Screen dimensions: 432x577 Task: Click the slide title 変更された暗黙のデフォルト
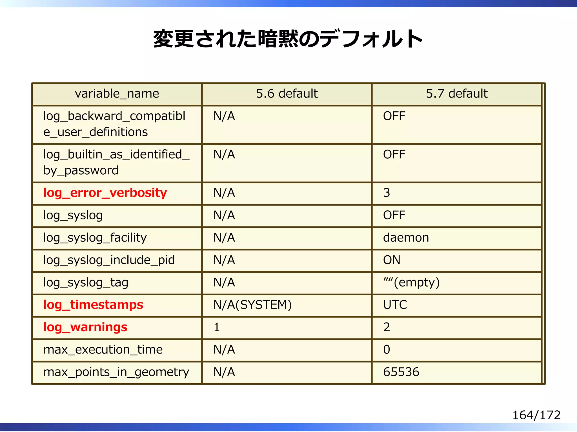pos(288,39)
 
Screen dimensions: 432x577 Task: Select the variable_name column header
pos(117,93)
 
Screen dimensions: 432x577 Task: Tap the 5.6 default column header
pos(287,93)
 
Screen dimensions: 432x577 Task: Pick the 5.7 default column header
pos(456,93)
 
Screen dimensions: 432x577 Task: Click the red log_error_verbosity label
pos(105,193)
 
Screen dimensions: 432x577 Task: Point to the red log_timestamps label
pos(93,305)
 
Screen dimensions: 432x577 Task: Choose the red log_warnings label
pos(85,327)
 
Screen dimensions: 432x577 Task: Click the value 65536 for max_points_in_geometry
pos(401,372)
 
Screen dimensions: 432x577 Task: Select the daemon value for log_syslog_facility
pos(406,238)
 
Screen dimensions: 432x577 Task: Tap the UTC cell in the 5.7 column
pos(395,305)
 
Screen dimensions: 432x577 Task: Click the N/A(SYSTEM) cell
pos(252,305)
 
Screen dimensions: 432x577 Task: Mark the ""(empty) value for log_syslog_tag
pos(411,282)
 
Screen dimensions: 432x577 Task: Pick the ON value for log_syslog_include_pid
pos(392,260)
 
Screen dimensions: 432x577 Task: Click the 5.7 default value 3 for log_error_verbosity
pos(387,193)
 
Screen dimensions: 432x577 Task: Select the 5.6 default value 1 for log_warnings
pos(217,327)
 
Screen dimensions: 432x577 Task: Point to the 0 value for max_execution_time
pos(387,350)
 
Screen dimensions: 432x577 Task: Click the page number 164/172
pos(536,415)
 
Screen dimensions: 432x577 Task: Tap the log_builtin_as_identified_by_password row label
pos(116,162)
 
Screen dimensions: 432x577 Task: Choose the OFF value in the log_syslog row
pos(394,215)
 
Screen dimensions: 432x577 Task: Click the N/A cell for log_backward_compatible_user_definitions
pos(224,116)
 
